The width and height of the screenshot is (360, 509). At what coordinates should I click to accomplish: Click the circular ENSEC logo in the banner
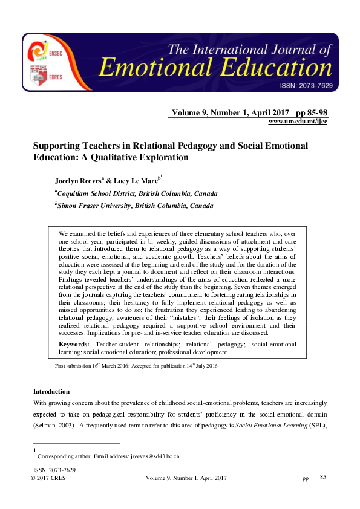[x=38, y=49]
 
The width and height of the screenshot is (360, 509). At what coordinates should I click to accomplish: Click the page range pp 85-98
[x=312, y=113]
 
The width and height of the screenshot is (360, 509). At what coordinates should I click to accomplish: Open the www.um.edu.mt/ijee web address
[x=298, y=122]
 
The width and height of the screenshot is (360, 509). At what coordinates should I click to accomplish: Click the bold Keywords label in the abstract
[x=74, y=344]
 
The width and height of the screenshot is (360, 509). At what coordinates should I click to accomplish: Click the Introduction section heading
[x=51, y=392]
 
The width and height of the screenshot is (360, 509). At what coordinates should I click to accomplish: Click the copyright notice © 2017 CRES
[x=48, y=478]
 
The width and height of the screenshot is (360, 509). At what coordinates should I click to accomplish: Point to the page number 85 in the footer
[x=323, y=478]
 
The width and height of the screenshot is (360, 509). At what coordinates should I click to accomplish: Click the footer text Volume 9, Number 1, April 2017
[x=186, y=478]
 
